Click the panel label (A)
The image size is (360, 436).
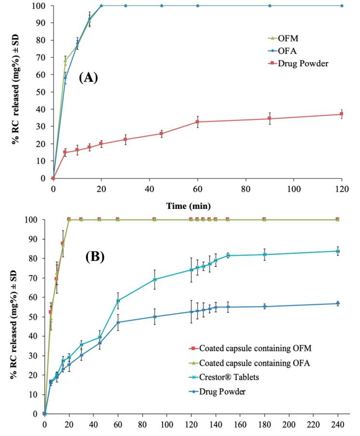[x=88, y=77]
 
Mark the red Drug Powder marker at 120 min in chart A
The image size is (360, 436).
[x=342, y=114]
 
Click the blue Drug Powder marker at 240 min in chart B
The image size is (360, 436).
[x=337, y=304]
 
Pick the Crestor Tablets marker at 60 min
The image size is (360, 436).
[x=118, y=301]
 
